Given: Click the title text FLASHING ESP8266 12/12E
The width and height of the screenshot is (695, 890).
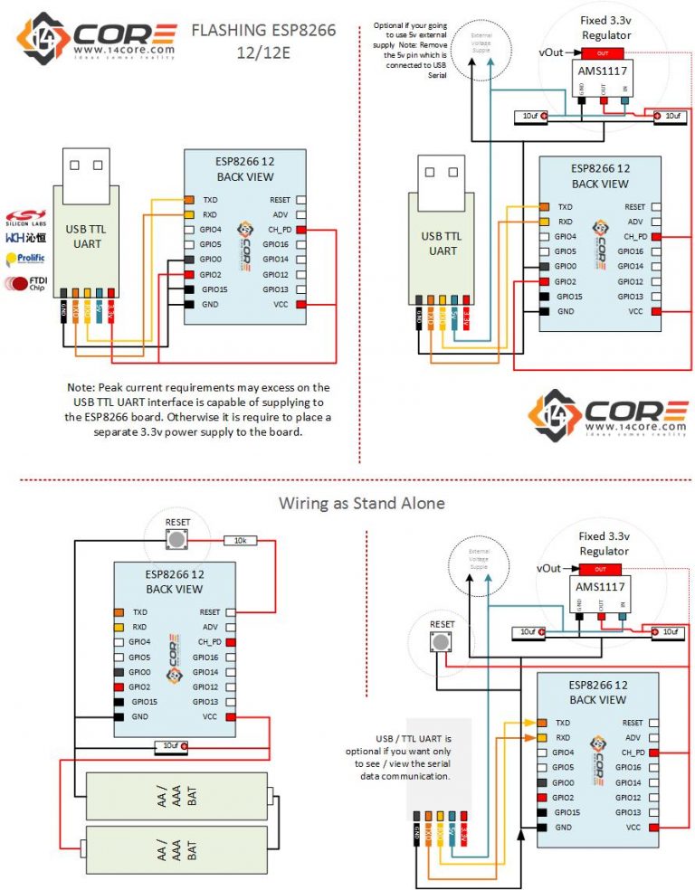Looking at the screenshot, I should click(x=263, y=40).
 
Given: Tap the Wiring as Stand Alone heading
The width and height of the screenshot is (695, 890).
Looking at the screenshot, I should click(x=348, y=503).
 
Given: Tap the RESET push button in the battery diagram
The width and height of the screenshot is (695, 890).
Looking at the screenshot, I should click(x=177, y=540).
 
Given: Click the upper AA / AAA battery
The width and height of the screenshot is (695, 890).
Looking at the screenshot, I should click(x=176, y=795).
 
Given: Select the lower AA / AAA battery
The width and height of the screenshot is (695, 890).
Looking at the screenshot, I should click(x=176, y=849).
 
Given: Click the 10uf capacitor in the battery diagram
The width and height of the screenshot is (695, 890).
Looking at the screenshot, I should click(x=171, y=746).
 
